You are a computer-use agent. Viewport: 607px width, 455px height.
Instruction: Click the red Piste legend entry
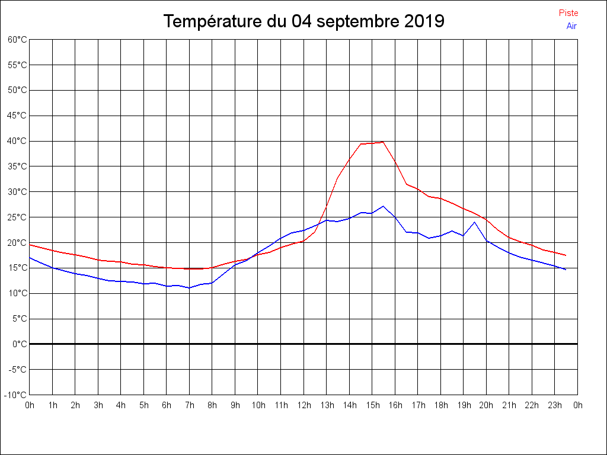click(x=568, y=13)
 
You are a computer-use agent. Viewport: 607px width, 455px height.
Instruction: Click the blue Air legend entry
click(x=571, y=25)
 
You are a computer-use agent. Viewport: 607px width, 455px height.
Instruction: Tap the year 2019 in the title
click(x=424, y=22)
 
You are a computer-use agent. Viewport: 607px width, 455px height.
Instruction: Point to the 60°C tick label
click(x=17, y=40)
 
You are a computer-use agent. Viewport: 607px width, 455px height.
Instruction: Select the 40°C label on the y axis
click(x=17, y=141)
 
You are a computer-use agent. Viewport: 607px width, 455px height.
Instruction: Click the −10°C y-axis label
click(x=16, y=395)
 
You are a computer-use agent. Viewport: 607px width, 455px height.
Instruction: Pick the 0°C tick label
click(x=20, y=344)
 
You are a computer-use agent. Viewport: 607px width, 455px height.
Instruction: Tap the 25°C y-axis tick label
click(x=17, y=217)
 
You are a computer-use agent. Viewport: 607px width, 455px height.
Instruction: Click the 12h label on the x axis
click(x=303, y=405)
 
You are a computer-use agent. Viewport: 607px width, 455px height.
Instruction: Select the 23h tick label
click(x=555, y=405)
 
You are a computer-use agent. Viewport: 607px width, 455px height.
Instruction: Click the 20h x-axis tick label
click(x=486, y=405)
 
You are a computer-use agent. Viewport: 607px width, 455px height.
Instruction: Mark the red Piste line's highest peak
click(x=383, y=142)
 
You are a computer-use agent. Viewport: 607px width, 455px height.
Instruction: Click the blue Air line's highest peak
click(x=383, y=206)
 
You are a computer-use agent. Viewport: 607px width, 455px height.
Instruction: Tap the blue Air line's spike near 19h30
click(x=474, y=222)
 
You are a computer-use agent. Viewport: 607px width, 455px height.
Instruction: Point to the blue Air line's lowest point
click(x=189, y=288)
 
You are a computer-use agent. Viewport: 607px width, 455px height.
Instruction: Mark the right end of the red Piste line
click(x=566, y=255)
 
